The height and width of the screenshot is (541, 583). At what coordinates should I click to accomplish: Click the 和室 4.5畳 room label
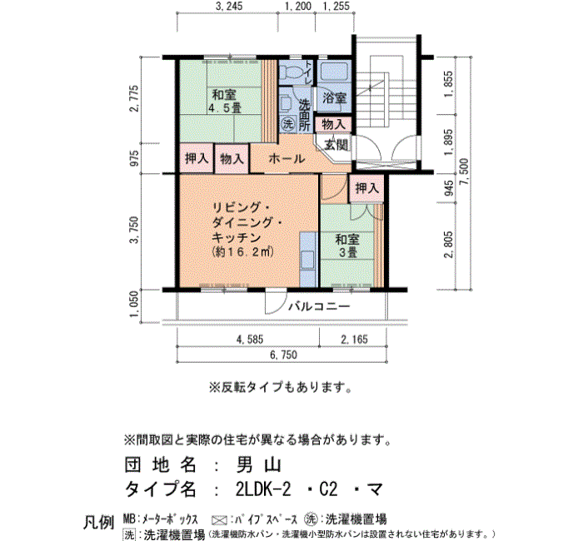(x=224, y=101)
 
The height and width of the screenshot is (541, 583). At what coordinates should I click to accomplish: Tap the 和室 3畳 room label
(x=347, y=246)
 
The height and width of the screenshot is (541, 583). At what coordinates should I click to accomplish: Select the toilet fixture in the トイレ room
(x=291, y=72)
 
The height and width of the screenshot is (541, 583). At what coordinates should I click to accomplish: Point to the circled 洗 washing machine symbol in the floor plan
(x=288, y=123)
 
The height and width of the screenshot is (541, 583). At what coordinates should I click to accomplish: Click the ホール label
(x=287, y=159)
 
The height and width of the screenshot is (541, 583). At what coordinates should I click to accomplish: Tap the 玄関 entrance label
(x=336, y=144)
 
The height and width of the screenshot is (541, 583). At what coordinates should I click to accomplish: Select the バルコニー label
(x=319, y=306)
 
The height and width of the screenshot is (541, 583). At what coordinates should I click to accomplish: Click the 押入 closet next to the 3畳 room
(x=367, y=188)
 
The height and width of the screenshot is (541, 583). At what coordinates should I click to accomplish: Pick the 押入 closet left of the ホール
(x=197, y=158)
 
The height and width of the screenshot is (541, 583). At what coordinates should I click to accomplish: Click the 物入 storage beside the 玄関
(x=333, y=124)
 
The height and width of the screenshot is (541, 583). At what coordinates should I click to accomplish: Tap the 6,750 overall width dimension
(x=283, y=355)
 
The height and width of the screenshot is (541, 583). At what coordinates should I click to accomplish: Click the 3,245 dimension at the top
(x=229, y=6)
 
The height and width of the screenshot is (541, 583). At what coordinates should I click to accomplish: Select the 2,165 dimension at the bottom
(x=354, y=339)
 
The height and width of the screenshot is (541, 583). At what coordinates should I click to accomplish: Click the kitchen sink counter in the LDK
(x=308, y=260)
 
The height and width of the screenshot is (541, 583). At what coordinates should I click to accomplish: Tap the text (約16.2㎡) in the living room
(x=243, y=252)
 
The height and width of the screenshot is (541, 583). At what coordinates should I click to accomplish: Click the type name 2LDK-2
(x=263, y=489)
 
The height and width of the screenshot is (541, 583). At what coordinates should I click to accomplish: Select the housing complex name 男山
(x=259, y=464)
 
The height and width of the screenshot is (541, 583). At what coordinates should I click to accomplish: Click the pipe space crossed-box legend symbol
(x=219, y=520)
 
